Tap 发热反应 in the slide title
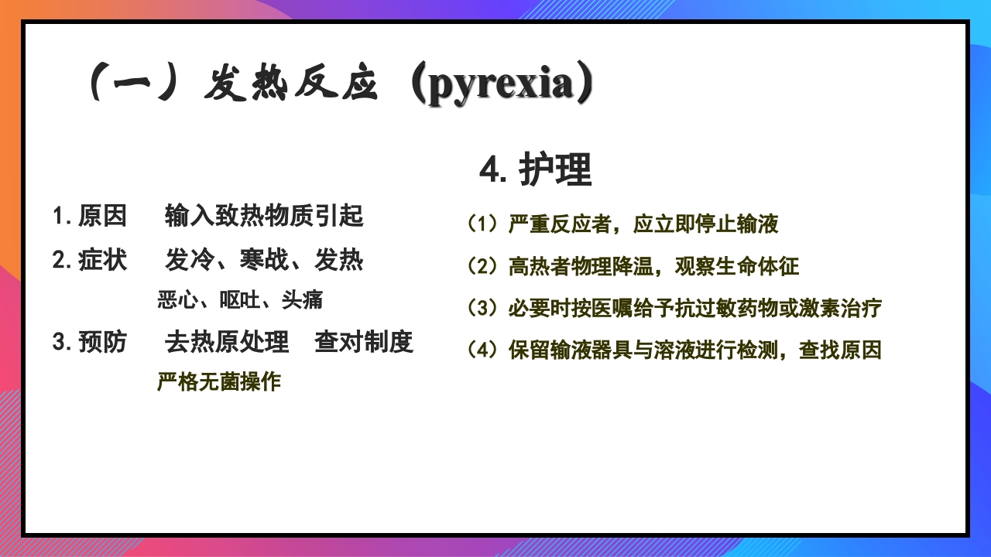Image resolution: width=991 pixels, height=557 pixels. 290,85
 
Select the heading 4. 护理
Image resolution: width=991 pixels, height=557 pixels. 535,169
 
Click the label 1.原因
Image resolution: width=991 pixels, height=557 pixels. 90,217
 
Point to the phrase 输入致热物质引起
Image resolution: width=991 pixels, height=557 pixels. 264,217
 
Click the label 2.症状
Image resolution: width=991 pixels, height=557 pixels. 90,261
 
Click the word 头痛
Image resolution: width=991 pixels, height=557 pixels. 302,300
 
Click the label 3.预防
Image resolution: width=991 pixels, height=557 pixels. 90,342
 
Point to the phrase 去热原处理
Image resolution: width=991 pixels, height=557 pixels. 227,342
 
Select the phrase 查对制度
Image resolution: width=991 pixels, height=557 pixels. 364,342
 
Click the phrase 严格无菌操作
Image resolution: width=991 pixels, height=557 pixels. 219,381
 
